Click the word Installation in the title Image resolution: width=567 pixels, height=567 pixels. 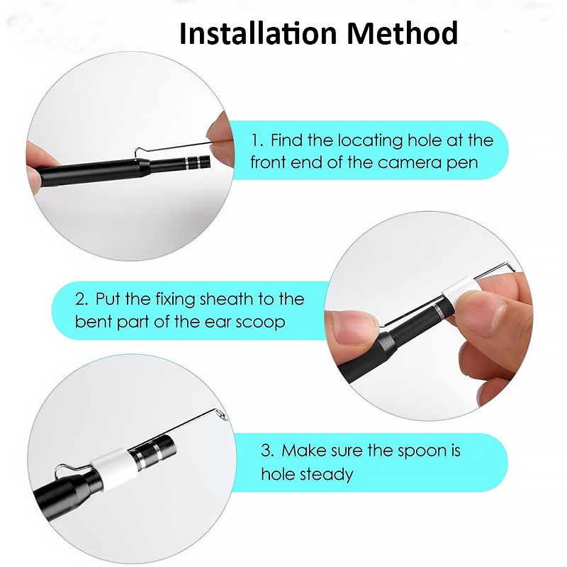258,33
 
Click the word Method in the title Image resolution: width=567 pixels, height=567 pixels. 402,33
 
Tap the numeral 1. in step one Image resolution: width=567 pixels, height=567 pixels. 257,140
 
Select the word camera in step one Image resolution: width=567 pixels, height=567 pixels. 410,163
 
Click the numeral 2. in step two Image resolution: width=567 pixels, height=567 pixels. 82,299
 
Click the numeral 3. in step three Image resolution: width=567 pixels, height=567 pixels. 268,451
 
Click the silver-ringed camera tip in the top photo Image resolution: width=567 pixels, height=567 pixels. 198,162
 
